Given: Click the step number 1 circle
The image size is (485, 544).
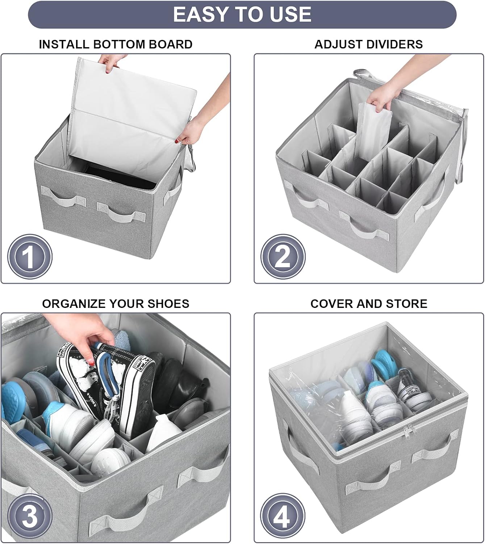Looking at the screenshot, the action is [x=30, y=257].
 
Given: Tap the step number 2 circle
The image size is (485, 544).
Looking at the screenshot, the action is [x=283, y=257].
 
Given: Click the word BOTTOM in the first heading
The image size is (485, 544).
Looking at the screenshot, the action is [x=119, y=44].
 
